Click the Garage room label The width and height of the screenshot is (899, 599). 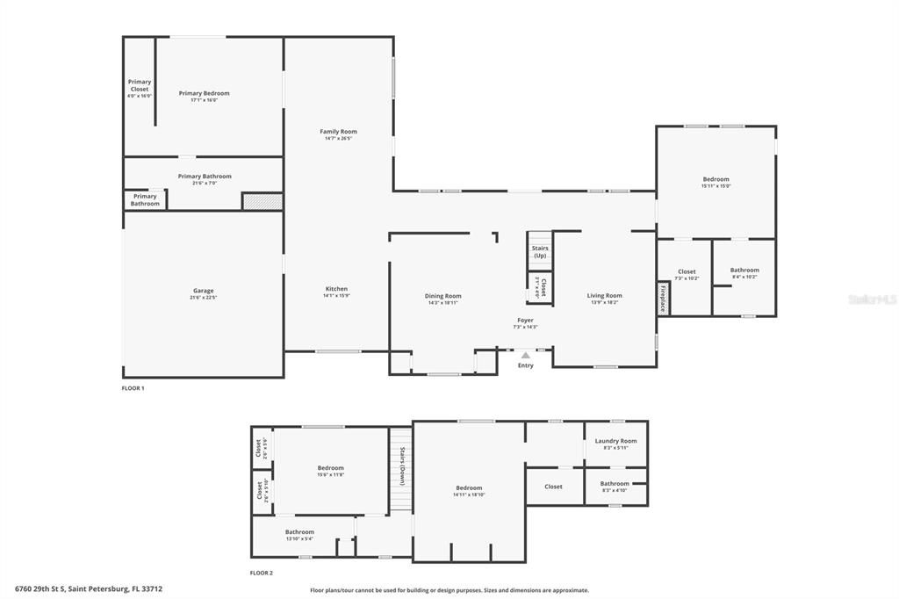pos(204,291)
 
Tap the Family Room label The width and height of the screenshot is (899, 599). pos(338,132)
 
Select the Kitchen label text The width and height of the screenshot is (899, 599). pos(336,289)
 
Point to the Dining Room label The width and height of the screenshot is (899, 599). pos(442,296)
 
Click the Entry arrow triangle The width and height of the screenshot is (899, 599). pos(525,356)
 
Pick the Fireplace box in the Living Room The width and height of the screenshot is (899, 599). pos(663,298)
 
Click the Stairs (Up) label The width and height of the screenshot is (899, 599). pos(540,251)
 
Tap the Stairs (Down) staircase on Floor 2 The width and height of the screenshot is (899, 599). pos(401,468)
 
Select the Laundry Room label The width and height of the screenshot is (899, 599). pos(615,441)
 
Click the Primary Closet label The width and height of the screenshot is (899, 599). pos(140,85)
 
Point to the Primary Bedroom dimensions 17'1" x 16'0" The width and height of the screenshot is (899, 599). pos(204,100)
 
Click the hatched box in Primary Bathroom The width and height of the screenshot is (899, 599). pos(263,201)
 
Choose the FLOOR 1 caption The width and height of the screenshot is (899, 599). pos(133,387)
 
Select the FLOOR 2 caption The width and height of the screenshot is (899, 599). pos(261,573)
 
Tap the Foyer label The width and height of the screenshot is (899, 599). pos(525,320)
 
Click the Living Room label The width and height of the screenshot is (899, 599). pos(604,296)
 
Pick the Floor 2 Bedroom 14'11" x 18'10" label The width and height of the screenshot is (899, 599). pos(469,488)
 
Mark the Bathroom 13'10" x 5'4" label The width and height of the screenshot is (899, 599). pos(299,532)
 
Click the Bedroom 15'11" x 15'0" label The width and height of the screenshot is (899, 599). pos(716,179)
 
